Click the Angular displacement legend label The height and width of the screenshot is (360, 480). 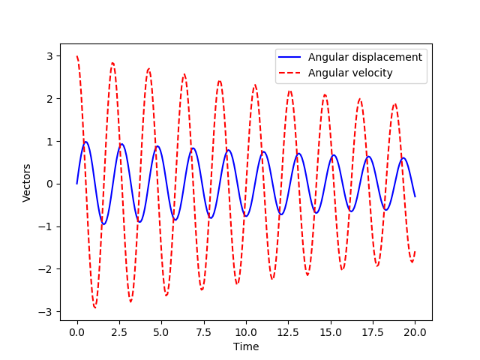(x=365, y=57)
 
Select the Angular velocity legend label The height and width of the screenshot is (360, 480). (x=350, y=73)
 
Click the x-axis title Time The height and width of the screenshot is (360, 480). (x=246, y=346)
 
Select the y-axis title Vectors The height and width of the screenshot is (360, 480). (x=27, y=183)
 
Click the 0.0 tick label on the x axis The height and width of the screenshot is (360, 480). (x=77, y=331)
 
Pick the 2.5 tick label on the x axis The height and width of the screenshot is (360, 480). (x=119, y=331)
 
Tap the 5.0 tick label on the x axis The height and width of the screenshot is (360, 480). (x=161, y=331)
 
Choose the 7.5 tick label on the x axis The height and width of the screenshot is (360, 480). (x=204, y=331)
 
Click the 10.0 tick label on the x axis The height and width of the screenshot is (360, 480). (x=246, y=331)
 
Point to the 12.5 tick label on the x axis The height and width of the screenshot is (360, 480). (x=289, y=331)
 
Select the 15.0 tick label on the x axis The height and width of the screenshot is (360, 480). (x=331, y=331)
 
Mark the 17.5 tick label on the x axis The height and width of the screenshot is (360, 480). (x=373, y=331)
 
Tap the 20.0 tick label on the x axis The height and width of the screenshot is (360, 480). (x=415, y=331)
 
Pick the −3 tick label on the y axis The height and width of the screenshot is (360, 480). (x=48, y=312)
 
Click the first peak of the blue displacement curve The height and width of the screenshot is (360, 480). (x=85, y=142)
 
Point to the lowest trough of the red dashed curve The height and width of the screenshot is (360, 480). (x=94, y=307)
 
